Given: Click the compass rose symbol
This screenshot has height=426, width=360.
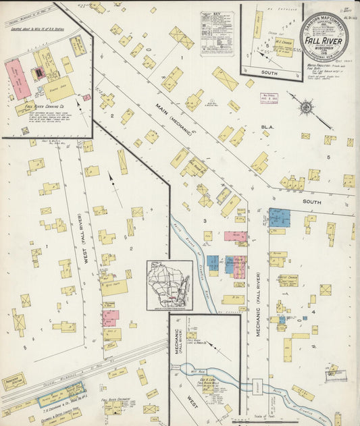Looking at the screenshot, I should pos(305,107).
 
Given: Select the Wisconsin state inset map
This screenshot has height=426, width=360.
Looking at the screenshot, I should pos(170,285).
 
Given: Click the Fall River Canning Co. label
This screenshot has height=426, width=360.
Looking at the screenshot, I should pos(42,107).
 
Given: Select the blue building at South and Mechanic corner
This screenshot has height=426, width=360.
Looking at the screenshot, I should pos(278,217).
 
